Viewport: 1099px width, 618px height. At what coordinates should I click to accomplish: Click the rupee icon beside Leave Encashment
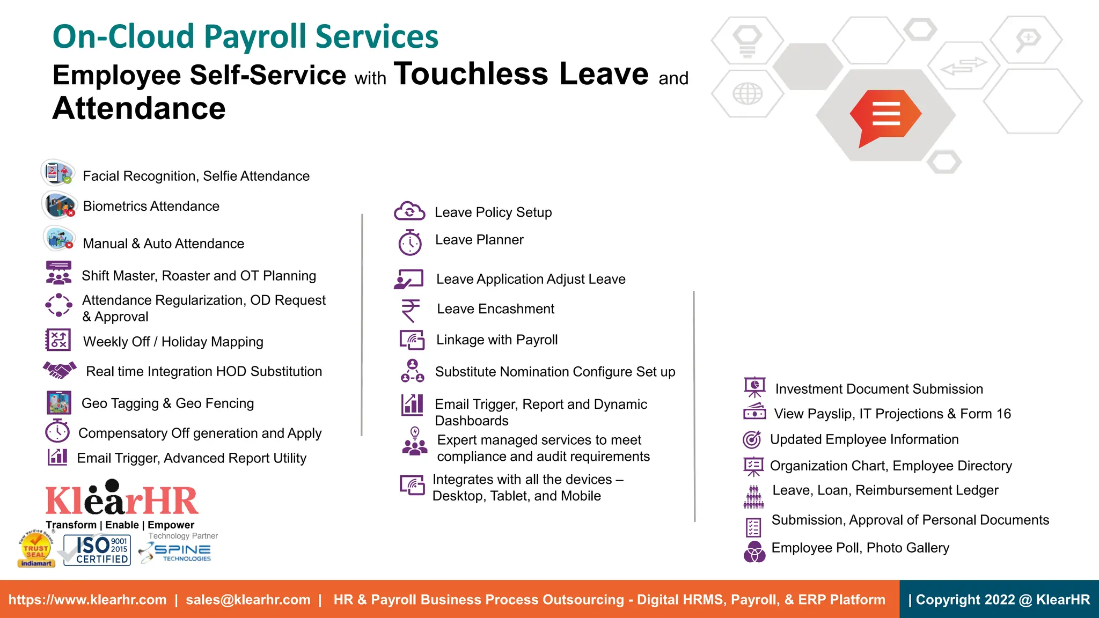click(x=411, y=310)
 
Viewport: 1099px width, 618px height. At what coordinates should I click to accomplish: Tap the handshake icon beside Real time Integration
click(x=60, y=370)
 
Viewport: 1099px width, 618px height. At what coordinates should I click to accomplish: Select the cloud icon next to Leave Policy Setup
click(x=409, y=211)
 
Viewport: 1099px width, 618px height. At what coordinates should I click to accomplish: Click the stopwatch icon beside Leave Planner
click(x=410, y=242)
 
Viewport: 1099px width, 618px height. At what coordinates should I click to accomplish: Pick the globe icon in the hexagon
click(x=747, y=94)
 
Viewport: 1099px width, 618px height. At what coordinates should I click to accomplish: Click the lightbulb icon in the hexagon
click(x=747, y=40)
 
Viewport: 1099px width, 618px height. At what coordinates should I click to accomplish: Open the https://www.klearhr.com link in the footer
click(x=87, y=600)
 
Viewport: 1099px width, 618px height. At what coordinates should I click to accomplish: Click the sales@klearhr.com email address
click(x=248, y=600)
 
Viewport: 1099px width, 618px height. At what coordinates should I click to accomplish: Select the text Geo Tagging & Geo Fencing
click(x=167, y=403)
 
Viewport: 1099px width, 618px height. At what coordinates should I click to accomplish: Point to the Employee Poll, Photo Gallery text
click(x=860, y=548)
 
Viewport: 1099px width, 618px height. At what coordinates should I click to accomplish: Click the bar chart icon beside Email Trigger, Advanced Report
click(x=57, y=457)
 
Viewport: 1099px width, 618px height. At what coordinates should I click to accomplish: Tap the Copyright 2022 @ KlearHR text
click(x=1002, y=600)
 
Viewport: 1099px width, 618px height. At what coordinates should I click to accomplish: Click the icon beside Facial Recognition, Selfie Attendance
click(x=57, y=173)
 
